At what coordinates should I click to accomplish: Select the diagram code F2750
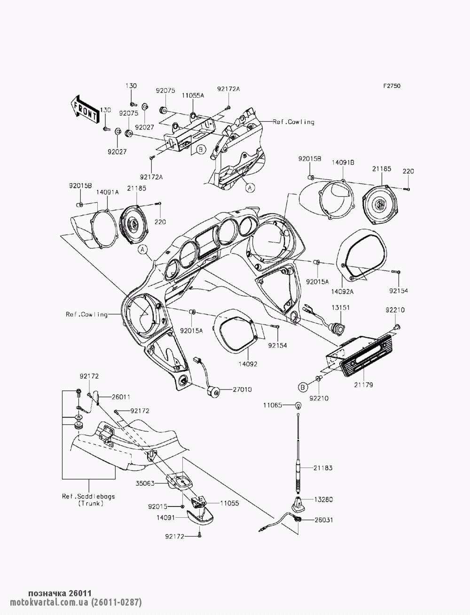click(391, 86)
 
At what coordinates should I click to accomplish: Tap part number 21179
click(363, 385)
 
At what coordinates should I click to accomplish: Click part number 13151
click(342, 307)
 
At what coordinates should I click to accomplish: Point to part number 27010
click(242, 389)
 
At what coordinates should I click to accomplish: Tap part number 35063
click(157, 482)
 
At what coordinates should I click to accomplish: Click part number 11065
click(273, 405)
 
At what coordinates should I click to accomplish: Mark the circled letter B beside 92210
click(303, 387)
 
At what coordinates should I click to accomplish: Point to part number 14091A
click(108, 192)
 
